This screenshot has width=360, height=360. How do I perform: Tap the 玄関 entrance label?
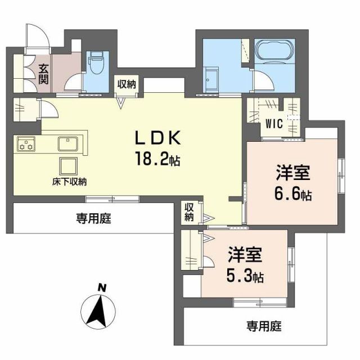[44, 73]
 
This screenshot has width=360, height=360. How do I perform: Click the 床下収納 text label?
[71, 181]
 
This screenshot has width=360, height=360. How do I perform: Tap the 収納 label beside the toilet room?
[127, 84]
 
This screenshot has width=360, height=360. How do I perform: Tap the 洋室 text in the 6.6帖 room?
[293, 172]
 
